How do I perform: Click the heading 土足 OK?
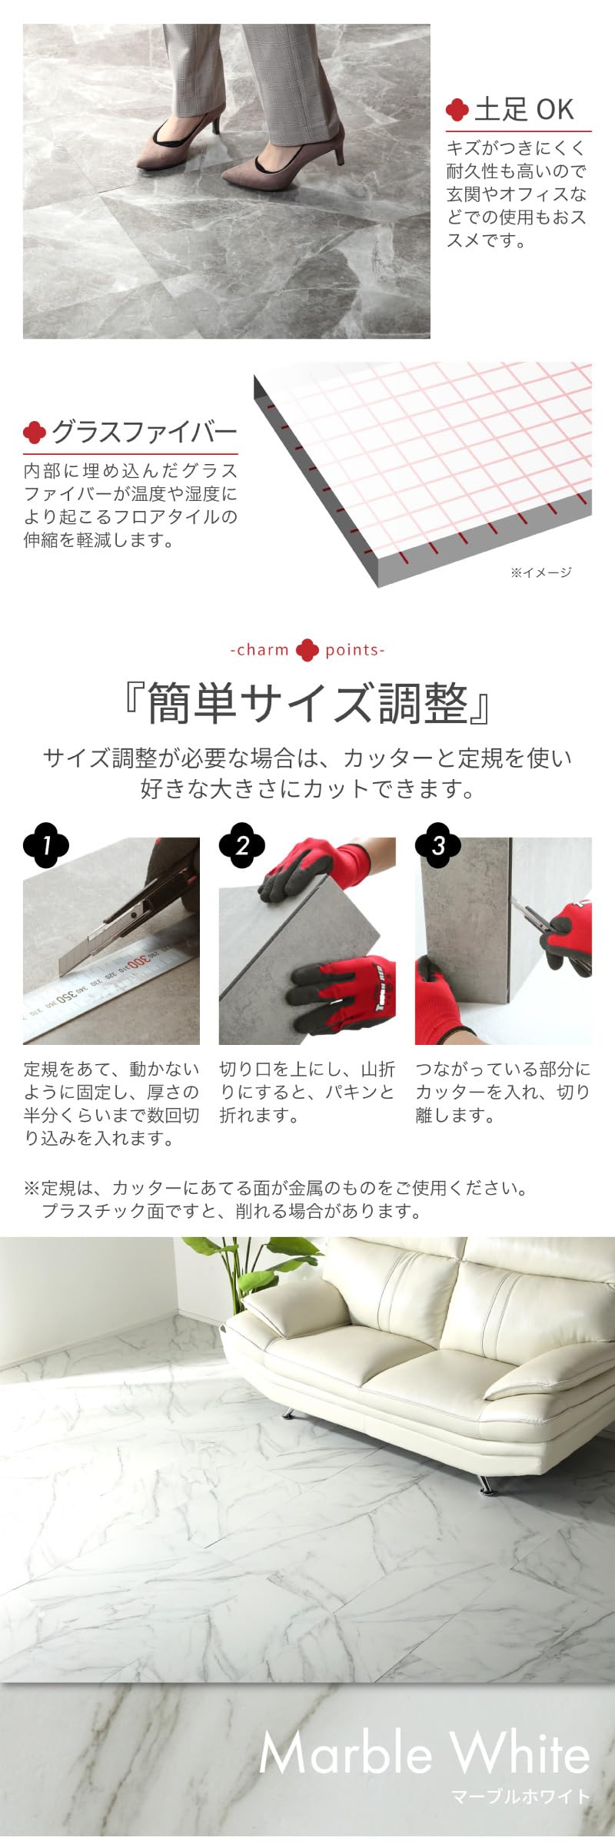click(x=524, y=110)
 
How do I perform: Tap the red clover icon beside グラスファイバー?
click(x=35, y=433)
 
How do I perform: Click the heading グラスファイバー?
click(x=144, y=433)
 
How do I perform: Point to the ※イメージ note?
click(x=540, y=572)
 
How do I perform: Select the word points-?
click(x=354, y=650)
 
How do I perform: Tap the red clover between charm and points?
click(x=307, y=650)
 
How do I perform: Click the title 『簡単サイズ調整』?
click(x=307, y=703)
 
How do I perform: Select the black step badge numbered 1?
click(x=46, y=846)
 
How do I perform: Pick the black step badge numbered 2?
click(x=242, y=846)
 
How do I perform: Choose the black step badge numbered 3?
click(x=438, y=846)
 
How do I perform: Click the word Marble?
click(x=345, y=1753)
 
